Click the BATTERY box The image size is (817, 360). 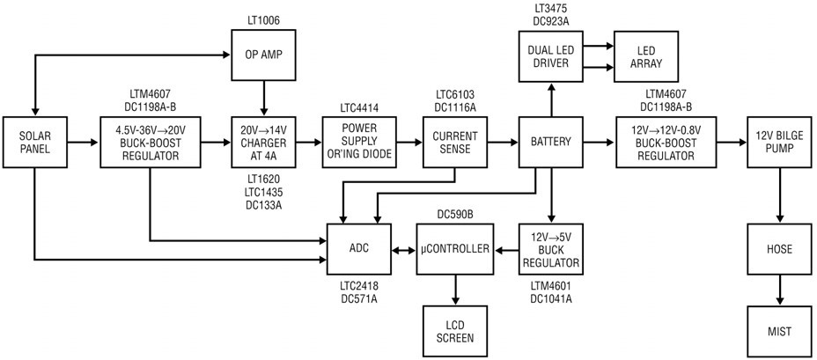552,141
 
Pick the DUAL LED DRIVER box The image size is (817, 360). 552,55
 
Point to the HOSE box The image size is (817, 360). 778,250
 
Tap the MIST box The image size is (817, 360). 778,331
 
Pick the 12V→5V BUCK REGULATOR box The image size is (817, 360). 552,250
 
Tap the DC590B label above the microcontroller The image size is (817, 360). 454,214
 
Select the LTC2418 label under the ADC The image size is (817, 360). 357,288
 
